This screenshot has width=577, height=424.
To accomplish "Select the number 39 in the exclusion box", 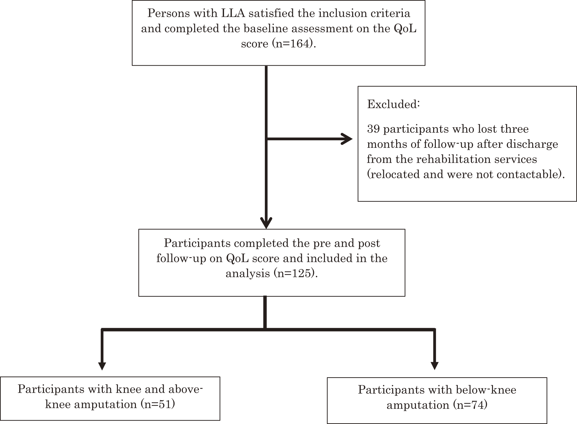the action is pos(373,129).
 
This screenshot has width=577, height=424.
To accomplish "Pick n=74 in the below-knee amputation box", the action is pos(470,405).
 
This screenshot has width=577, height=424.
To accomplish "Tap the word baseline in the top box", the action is pos(266,28).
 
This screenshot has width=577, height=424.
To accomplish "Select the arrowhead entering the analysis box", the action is pos(266,223).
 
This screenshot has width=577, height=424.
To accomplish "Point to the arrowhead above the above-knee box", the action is pos(102,366).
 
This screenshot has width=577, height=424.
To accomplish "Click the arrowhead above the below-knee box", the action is pos(434,366).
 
